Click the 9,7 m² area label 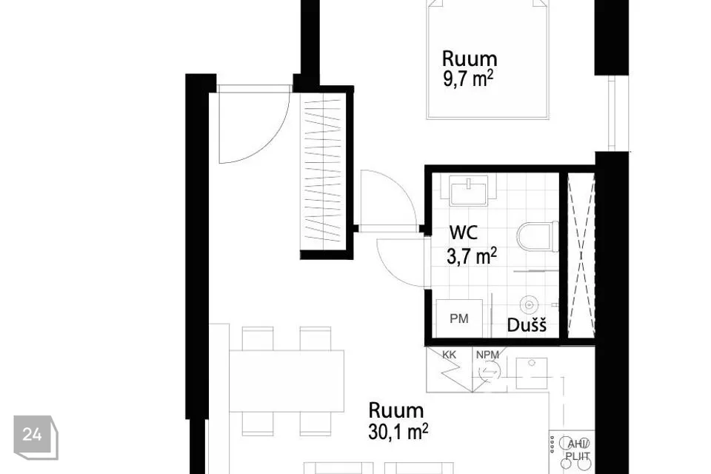[468, 79]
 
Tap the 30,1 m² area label [398, 431]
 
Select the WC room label [463, 233]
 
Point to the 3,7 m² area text [472, 256]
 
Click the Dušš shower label [527, 325]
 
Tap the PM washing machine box [459, 318]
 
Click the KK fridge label [449, 355]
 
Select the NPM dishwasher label [487, 355]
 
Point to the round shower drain [529, 304]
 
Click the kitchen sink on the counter [532, 373]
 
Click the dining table [286, 381]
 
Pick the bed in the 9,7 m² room [487, 59]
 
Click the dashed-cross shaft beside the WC [581, 255]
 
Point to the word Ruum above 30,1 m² [395, 410]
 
